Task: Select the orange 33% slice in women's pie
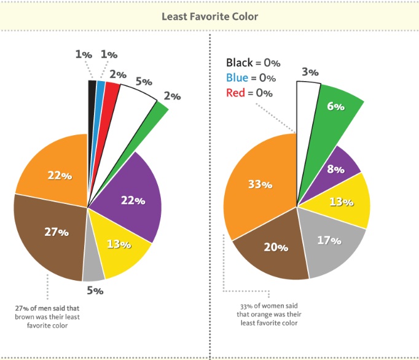click(258, 184)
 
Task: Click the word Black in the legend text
click(239, 63)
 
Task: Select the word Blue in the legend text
click(237, 78)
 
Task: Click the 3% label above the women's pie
click(310, 72)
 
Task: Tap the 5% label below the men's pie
click(95, 291)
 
